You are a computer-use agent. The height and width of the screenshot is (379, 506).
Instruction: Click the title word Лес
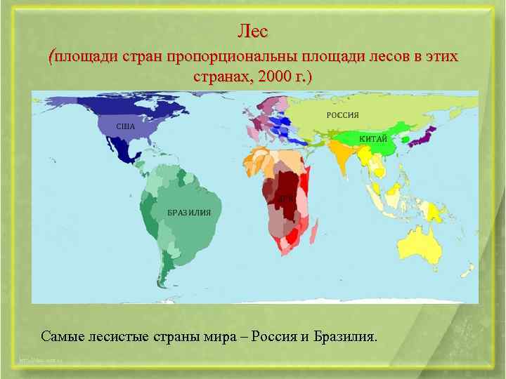[x=252, y=32]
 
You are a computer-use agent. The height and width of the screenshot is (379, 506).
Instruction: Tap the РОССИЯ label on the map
[x=342, y=115]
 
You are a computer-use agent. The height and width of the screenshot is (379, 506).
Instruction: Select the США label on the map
[x=125, y=126]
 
